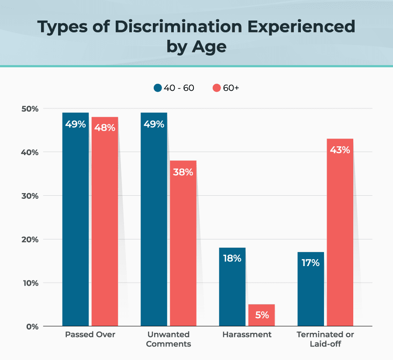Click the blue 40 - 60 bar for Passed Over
(76, 218)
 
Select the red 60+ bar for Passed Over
(105, 221)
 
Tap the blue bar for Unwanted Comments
(154, 218)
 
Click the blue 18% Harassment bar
(232, 286)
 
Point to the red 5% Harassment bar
(261, 315)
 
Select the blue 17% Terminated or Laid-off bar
(310, 288)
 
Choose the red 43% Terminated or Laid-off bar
(340, 232)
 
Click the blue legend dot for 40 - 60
(158, 88)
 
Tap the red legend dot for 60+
(217, 88)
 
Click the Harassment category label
(247, 335)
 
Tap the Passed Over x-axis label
(90, 335)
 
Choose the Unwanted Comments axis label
(169, 339)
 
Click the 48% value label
(105, 128)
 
